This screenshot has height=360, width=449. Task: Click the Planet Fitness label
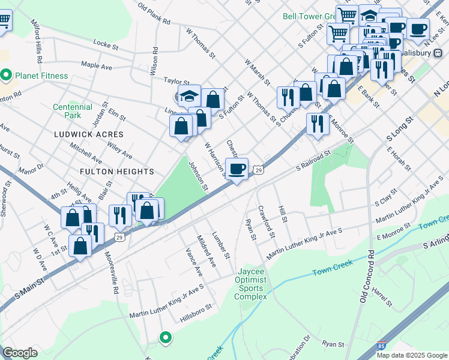[x=41, y=76]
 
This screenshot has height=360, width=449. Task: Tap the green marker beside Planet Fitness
[x=7, y=76]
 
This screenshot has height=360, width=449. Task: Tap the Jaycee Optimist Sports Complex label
[x=250, y=284]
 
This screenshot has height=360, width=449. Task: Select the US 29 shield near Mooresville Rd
[x=119, y=238]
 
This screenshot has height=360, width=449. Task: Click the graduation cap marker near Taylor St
[x=189, y=96]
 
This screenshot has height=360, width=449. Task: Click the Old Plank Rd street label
[x=154, y=14]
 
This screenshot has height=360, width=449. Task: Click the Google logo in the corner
[x=20, y=353]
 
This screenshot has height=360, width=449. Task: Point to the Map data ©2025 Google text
[x=411, y=355]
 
